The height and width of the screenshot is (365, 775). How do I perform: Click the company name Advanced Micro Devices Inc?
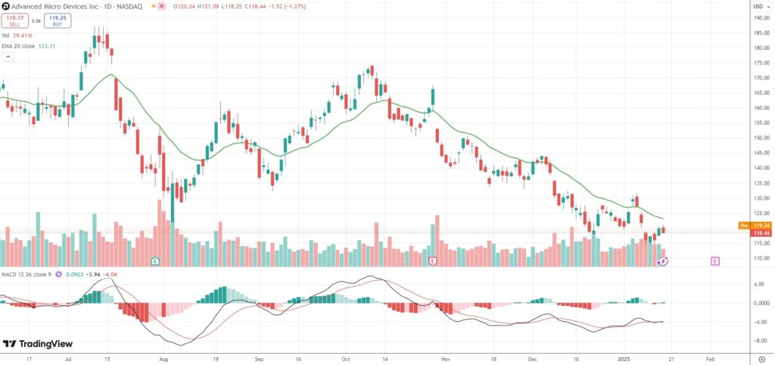point(50,6)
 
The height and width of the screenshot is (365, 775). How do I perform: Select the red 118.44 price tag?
point(761,232)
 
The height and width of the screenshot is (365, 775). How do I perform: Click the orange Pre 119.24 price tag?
point(757,226)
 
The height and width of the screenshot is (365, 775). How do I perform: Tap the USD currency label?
point(757,6)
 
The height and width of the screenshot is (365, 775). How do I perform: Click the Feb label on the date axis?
point(710,354)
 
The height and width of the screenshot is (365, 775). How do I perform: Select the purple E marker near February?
point(714,260)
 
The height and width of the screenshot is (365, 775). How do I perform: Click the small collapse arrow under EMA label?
point(8,57)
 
